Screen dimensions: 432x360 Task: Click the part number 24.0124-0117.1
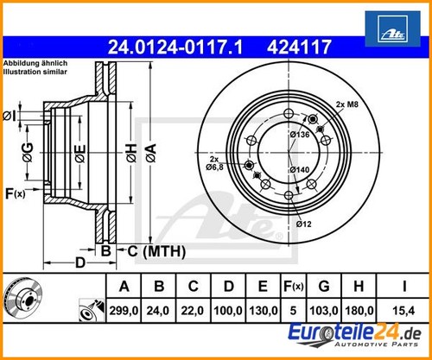(175, 47)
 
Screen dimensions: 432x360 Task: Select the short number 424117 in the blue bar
(299, 47)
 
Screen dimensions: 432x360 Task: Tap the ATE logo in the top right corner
(392, 28)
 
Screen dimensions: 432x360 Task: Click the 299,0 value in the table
(124, 311)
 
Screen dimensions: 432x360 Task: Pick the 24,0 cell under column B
(158, 311)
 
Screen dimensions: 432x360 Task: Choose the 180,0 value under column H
(359, 311)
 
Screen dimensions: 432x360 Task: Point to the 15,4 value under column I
(403, 311)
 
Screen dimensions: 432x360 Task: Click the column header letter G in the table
(324, 287)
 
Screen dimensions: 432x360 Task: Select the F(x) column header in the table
(293, 287)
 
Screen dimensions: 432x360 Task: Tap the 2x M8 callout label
(347, 104)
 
